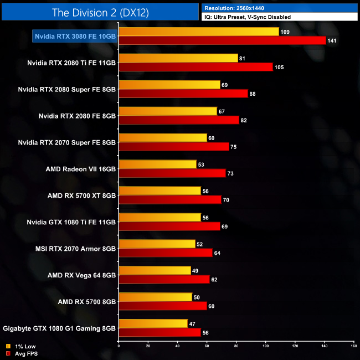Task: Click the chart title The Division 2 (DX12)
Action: pyautogui.click(x=100, y=12)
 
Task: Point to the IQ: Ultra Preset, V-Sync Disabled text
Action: pyautogui.click(x=247, y=17)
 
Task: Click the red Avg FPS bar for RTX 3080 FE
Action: pyautogui.click(x=222, y=40)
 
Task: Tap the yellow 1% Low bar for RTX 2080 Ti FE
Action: pyautogui.click(x=178, y=58)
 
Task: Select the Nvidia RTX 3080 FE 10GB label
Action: pyautogui.click(x=75, y=36)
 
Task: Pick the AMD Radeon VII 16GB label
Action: pyautogui.click(x=81, y=169)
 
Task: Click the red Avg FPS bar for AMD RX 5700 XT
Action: pyautogui.click(x=170, y=200)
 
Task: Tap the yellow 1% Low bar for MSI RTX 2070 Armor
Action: pyautogui.click(x=157, y=244)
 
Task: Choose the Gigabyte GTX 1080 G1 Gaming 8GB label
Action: pyautogui.click(x=59, y=328)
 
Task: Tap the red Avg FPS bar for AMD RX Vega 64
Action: pyautogui.click(x=164, y=280)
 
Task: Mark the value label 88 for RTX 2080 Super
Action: pyautogui.click(x=253, y=94)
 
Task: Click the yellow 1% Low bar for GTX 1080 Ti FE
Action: pyautogui.click(x=160, y=218)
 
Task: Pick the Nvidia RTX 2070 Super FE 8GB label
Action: pyautogui.click(x=67, y=142)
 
